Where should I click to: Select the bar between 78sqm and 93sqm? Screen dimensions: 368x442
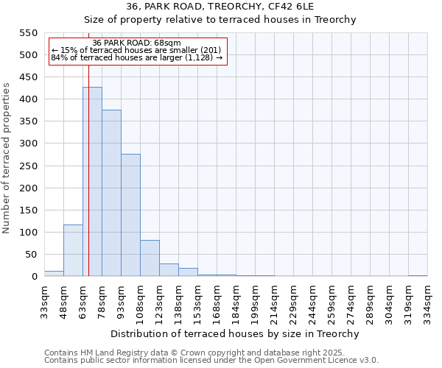coord(111,193)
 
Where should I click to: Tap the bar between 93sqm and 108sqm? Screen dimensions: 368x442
coord(130,215)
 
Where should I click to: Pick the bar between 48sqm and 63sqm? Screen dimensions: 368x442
coord(73,250)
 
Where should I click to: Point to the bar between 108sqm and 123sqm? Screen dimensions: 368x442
coord(150,258)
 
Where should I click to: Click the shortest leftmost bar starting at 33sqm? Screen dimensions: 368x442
coord(54,273)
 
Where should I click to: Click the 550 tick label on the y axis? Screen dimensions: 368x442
coord(27,33)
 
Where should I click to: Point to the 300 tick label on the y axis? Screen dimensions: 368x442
coord(27,144)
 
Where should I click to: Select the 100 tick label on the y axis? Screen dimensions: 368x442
coord(27,233)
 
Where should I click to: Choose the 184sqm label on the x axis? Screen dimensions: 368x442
coord(236,301)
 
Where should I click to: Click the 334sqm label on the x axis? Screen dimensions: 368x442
coord(428,301)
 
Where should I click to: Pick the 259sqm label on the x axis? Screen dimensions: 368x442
coord(332,301)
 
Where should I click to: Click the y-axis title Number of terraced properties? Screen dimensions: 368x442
coord(7,158)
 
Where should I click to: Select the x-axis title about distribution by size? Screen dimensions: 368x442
coord(236,333)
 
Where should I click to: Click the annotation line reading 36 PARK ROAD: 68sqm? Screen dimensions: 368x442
coord(137,43)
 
